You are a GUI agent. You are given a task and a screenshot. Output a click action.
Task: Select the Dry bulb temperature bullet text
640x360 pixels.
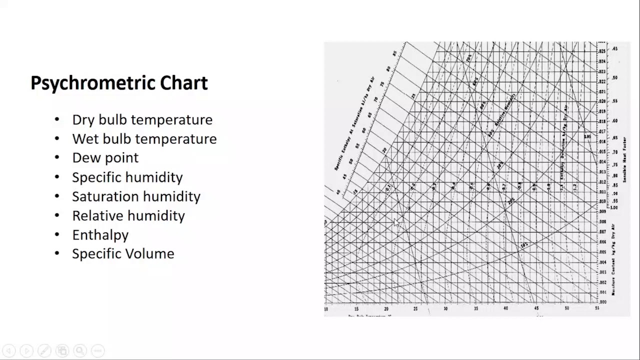[142, 120]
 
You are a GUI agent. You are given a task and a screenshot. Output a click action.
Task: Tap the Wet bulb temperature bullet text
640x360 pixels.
[144, 139]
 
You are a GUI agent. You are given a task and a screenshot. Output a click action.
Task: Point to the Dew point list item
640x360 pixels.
[105, 158]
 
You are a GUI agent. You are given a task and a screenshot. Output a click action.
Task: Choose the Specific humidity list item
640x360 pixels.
[127, 177]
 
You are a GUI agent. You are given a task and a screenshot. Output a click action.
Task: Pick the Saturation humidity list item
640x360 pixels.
[136, 196]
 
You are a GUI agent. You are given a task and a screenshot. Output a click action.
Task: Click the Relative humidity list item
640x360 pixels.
[128, 215]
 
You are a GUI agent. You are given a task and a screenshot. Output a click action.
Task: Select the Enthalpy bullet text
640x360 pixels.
[100, 234]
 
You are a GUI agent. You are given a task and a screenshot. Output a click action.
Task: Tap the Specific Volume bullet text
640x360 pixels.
[123, 253]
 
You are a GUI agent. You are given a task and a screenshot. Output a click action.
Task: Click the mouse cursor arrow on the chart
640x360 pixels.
[397, 222]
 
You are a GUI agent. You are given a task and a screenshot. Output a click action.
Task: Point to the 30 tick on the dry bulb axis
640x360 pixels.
[446, 309]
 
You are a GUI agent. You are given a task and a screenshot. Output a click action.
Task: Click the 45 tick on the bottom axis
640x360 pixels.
[536, 309]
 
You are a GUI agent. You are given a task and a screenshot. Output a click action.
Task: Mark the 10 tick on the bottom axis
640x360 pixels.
[326, 309]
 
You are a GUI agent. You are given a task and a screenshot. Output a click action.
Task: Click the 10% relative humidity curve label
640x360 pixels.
[523, 245]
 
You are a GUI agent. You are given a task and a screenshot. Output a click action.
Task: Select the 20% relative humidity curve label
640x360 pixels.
[511, 200]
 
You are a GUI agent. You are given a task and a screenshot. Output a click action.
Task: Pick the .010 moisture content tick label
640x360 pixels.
[602, 201]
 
